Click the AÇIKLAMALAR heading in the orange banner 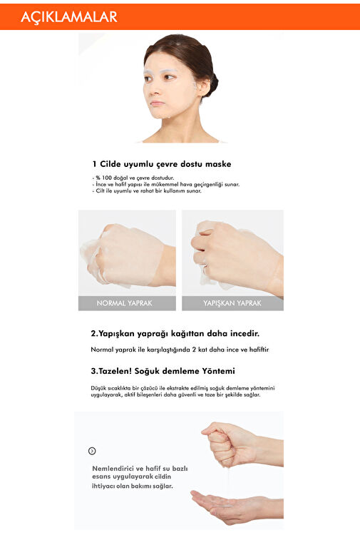tap(69, 17)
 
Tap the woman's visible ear tap(203, 86)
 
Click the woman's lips tap(158, 103)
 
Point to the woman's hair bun tap(213, 83)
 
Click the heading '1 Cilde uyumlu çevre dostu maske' tap(161, 164)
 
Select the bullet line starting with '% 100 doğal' tap(133, 178)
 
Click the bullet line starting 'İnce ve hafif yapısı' tap(166, 184)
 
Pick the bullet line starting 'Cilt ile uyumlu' tap(147, 190)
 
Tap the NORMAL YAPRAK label tap(124, 303)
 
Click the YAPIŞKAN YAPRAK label tap(232, 303)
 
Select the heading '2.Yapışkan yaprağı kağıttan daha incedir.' tap(175, 334)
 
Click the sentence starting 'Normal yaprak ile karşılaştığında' tap(180, 350)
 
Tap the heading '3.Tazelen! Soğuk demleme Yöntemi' tap(163, 371)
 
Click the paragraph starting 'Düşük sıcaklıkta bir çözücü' tap(182, 392)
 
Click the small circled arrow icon tap(92, 451)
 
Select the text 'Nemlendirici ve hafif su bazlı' tap(140, 469)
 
